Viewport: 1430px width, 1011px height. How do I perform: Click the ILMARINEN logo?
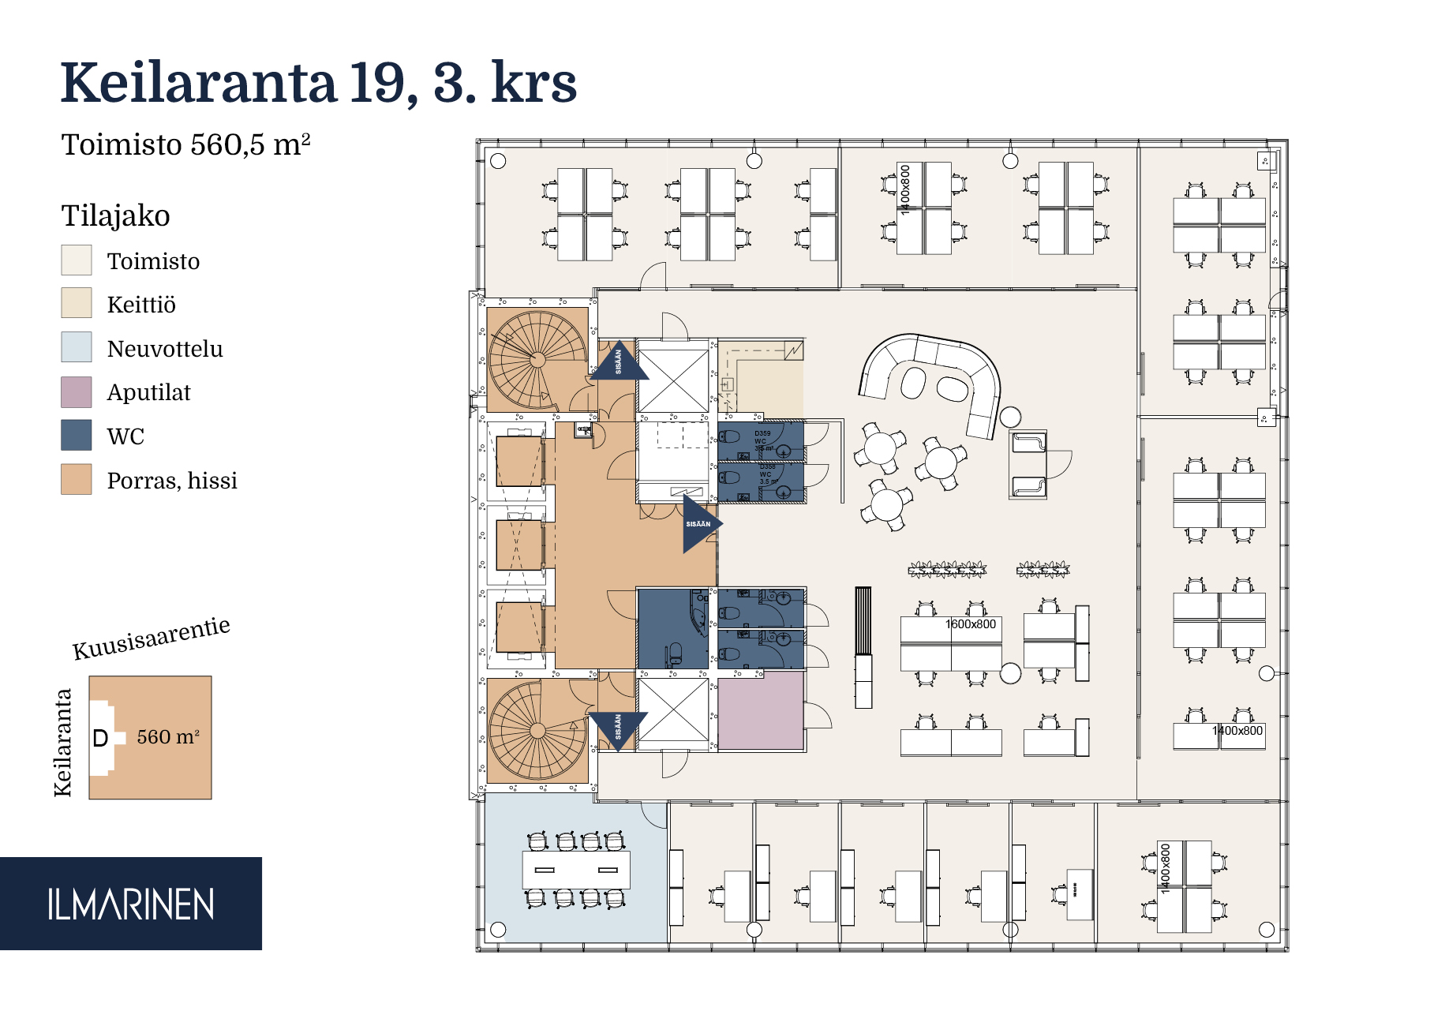pos(130,904)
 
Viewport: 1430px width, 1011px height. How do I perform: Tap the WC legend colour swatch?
pos(77,436)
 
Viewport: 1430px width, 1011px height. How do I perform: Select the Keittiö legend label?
pos(141,305)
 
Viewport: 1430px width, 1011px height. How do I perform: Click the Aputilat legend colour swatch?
pos(77,392)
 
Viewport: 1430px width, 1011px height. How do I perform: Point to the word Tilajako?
pos(116,215)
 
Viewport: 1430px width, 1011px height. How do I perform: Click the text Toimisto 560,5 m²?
pos(186,145)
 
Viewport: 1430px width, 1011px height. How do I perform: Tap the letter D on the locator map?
pos(100,739)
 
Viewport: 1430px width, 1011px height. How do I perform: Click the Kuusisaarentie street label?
pos(151,638)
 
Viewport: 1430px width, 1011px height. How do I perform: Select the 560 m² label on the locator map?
pos(168,737)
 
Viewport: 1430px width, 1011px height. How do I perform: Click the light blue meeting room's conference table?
pos(576,870)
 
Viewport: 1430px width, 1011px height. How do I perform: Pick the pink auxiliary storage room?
pos(761,710)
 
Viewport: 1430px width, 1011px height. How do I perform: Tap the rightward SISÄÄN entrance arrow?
pos(700,524)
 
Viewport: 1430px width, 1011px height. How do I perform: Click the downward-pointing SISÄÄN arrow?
pos(618,728)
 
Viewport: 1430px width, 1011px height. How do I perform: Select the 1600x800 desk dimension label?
pos(971,624)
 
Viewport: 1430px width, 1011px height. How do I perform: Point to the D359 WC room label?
pos(762,433)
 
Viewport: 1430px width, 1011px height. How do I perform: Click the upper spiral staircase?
pos(537,359)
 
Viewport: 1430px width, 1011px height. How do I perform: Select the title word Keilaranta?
pos(199,83)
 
